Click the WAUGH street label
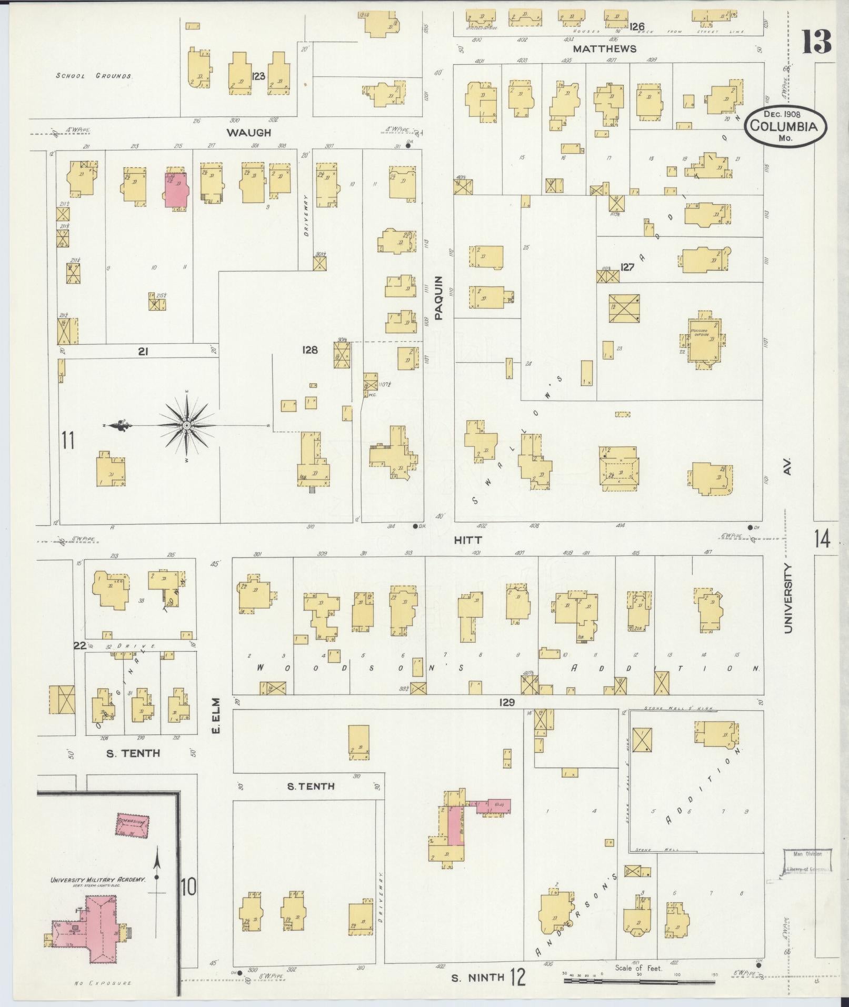coord(248,133)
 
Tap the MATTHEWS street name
coord(604,49)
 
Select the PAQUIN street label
coord(440,298)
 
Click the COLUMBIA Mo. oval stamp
coord(785,126)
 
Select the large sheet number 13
coord(816,42)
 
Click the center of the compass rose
coord(186,425)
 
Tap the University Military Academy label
coord(97,880)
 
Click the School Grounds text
coord(93,76)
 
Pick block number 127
coord(627,267)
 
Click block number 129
coord(507,702)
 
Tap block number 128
coord(310,349)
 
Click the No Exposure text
coord(104,983)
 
